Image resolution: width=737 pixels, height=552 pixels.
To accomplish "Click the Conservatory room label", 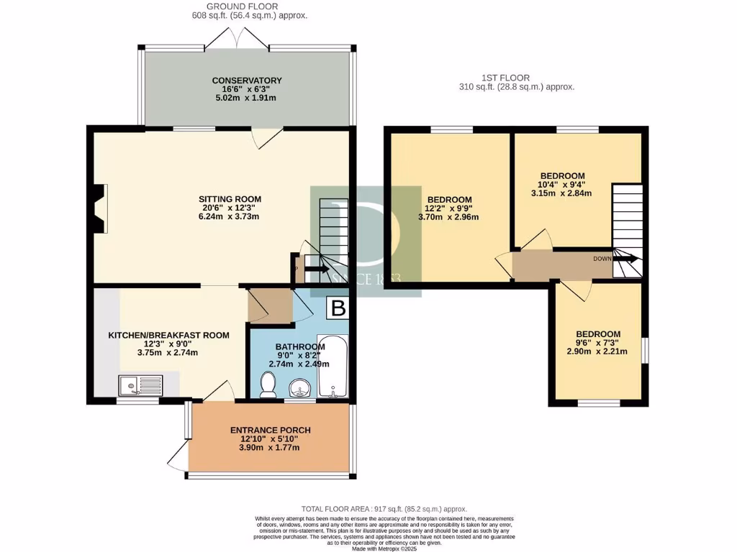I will (246, 80).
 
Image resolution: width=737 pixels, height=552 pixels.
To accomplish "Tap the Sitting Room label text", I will (230, 199).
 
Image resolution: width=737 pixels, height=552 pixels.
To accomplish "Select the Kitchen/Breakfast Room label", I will (168, 335).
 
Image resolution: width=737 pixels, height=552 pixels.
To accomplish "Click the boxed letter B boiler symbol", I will (338, 309).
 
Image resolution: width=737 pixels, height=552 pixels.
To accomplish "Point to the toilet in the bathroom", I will (268, 387).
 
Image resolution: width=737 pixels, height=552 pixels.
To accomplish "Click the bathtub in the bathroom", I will (332, 367).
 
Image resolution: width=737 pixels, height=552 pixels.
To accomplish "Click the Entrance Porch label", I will (264, 430).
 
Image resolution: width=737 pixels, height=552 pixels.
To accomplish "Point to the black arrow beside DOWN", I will (625, 259).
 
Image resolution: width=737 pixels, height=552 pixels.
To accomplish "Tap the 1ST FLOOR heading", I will (505, 78).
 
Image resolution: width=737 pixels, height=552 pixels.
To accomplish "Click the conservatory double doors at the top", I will (239, 38).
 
